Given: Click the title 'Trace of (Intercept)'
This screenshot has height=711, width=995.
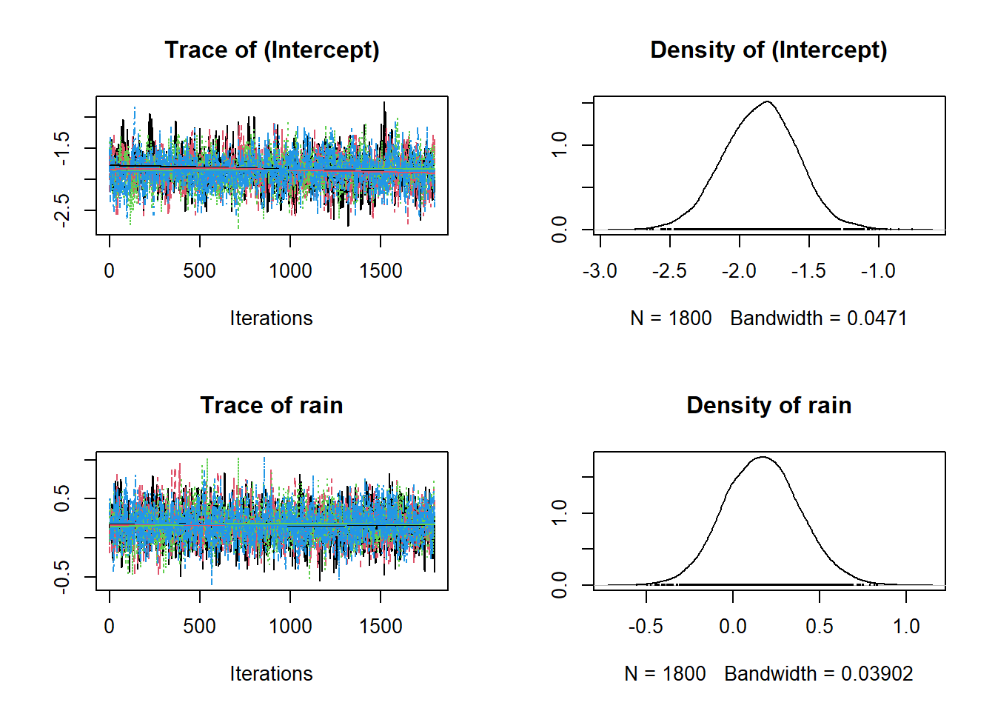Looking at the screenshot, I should pos(272,50).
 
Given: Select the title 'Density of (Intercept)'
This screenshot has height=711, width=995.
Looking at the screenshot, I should pos(768,50).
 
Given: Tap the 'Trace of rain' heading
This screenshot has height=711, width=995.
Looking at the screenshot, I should pos(272,405).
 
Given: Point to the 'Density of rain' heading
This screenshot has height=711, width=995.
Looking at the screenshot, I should pos(768,405).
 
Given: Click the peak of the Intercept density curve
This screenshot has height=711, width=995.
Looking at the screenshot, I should pos(768,101).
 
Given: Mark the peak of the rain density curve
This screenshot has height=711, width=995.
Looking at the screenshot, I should pos(763,457).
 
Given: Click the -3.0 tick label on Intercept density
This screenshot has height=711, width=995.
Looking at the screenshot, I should pos(600,271).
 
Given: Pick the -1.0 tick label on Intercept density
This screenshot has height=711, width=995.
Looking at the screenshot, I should pos(878,271).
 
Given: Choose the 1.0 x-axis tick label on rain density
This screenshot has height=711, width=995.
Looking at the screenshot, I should pos(906,627).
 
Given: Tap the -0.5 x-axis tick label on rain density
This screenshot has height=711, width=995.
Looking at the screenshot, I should pos(646,627).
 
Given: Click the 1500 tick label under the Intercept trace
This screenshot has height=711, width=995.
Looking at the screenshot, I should pos(381,271).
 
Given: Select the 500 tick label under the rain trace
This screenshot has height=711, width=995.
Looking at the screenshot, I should pos(200,627).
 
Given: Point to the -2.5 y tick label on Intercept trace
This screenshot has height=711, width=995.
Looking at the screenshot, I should pos(62,210).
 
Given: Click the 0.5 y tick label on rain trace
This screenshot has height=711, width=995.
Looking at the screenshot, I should pos(62,498).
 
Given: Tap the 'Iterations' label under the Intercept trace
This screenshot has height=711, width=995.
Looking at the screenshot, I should pos(271,318).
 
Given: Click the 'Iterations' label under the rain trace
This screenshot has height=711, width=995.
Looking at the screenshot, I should pos(271,674).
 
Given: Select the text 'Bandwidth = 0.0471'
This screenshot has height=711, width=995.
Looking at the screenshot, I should pos(818,318).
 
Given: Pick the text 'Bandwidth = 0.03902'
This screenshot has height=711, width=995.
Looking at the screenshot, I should pos(818,674).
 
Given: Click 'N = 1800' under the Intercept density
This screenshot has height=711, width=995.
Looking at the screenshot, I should pos(671,318).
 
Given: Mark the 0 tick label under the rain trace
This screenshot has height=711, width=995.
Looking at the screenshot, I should pos(110,627).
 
